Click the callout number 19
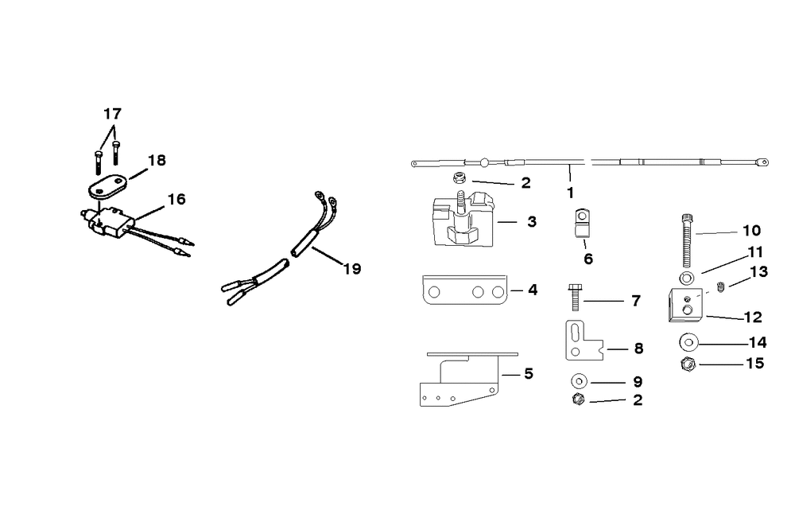(x=351, y=269)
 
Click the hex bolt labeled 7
(x=576, y=300)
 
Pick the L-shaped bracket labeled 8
(x=579, y=341)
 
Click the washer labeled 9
(x=578, y=380)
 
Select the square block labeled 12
(x=684, y=306)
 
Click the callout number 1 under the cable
(x=570, y=193)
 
